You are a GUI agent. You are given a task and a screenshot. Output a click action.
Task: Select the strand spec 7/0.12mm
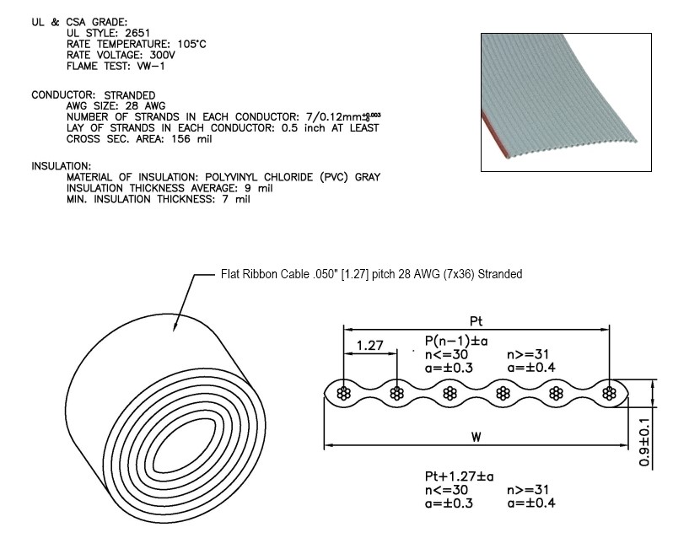pos(332,116)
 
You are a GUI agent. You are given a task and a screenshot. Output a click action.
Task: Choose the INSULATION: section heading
pos(62,166)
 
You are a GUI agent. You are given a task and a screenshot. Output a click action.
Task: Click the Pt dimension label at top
pos(475,320)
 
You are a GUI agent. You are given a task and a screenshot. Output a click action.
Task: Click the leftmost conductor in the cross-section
pos(344,392)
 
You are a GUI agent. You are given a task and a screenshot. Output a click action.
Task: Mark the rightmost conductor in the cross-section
pos(609,392)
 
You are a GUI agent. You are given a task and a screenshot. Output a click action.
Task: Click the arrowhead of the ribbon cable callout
pos(175,331)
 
